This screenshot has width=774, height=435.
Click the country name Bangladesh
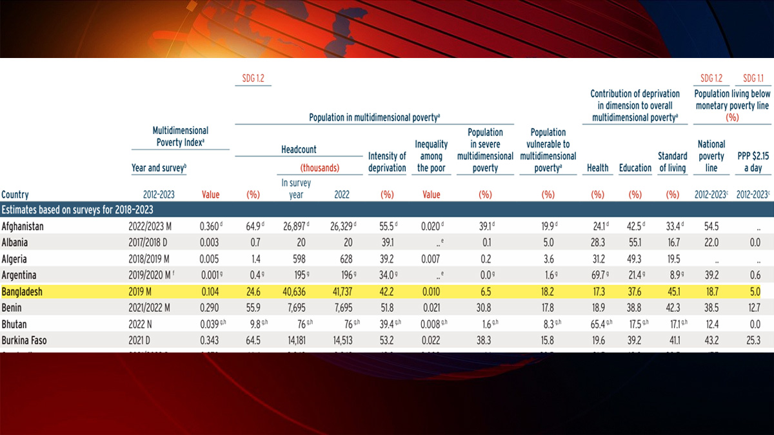pos(22,292)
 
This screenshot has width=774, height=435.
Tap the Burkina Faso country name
pos(26,340)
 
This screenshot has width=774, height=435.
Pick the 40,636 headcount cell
pos(295,292)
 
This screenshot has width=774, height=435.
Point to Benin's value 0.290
pos(209,308)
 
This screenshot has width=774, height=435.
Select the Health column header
pos(598,168)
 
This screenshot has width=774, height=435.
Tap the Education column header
pos(635,168)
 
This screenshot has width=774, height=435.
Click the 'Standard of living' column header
pos(673,162)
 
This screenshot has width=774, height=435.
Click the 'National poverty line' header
pos(711,155)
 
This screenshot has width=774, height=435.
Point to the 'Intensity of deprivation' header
pos(387,162)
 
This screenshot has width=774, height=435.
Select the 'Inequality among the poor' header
pos(431,156)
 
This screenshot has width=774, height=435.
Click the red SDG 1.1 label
pos(753,79)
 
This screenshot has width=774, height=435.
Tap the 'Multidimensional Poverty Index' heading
pos(180,136)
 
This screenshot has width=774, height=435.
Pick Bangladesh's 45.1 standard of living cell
pos(672,292)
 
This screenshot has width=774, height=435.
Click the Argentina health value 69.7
pos(597,276)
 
